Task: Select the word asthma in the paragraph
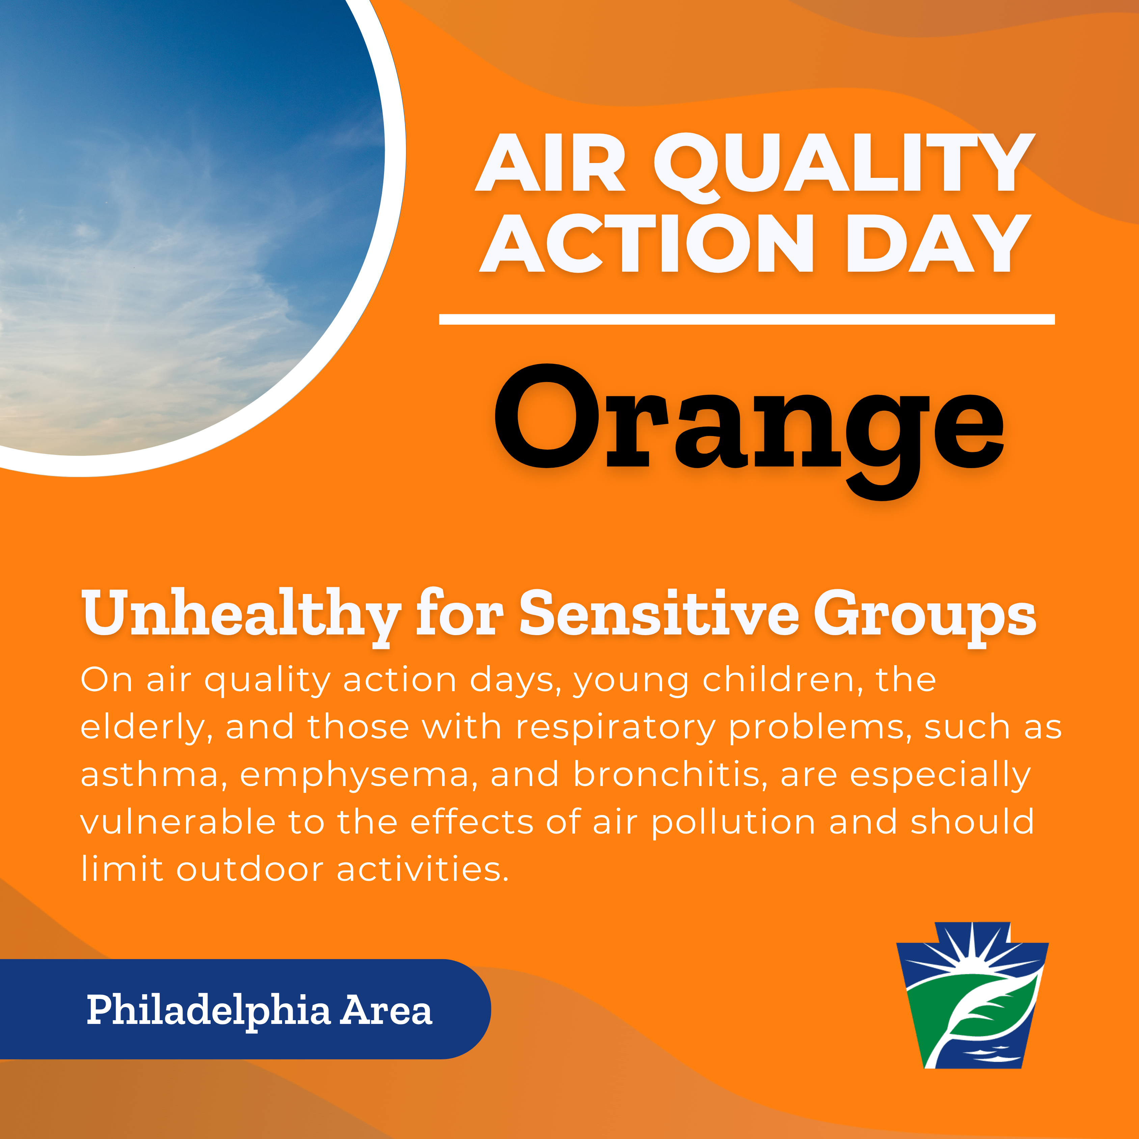coord(150,774)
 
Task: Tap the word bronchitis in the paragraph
coord(666,774)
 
